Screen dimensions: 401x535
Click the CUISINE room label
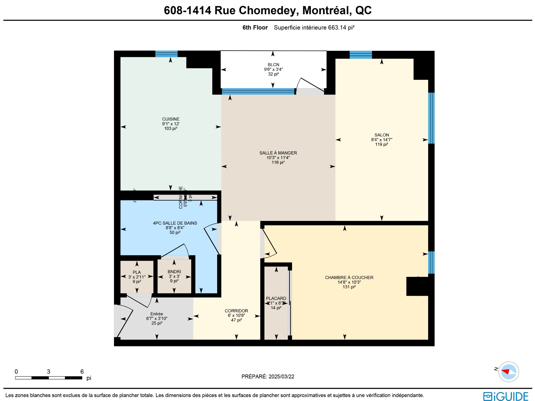pos(171,119)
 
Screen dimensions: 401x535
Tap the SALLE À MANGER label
pos(278,153)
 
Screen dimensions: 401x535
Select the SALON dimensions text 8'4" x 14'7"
pos(381,140)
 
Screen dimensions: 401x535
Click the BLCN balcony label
pos(273,65)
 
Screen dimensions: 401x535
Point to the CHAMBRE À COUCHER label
pos(349,277)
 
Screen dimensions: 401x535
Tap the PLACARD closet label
pos(276,298)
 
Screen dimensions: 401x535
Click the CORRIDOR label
pos(236,311)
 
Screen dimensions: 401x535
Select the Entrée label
pos(157,314)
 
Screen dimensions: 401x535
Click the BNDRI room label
pos(174,272)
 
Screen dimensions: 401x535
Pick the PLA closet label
pos(137,272)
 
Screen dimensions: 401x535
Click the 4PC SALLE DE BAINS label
pos(175,223)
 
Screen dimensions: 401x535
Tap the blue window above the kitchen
pos(166,54)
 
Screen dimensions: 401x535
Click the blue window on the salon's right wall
pos(431,118)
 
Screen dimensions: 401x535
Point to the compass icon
pos(509,372)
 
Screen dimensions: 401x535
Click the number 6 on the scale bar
pos(82,371)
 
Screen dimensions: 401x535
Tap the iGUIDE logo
pos(505,397)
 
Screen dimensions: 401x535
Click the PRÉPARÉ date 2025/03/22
pos(281,376)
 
